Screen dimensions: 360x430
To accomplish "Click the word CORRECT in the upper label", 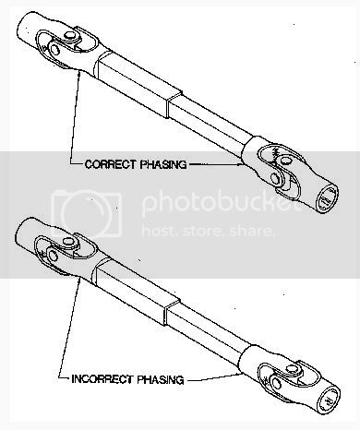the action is tap(110, 164).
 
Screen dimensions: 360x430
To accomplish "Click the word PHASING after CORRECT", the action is tap(163, 164).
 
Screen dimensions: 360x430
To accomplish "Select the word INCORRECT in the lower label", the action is tap(102, 379).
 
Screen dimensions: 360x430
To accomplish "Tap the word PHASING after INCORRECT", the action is tap(161, 379).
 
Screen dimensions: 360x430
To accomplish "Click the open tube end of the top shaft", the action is tap(328, 198).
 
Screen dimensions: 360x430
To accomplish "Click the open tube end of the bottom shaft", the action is tap(329, 400).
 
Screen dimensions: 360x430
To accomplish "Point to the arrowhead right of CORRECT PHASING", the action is tap(241, 164).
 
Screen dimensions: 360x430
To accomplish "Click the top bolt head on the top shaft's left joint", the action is tap(71, 35).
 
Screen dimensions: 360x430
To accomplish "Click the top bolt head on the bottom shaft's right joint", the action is tap(292, 368).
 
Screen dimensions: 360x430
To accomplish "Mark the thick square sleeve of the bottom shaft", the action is tap(137, 291).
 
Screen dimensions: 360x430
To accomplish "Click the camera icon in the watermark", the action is tap(86, 214).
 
